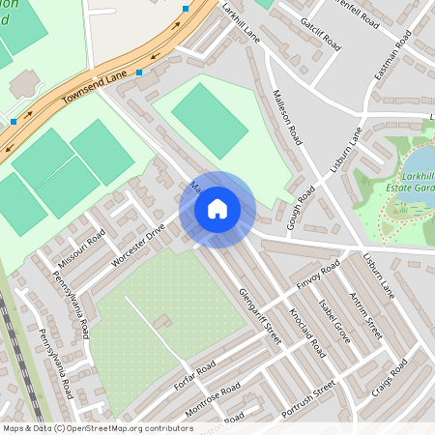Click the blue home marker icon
pyautogui.click(x=217, y=208)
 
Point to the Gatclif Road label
pyautogui.click(x=320, y=33)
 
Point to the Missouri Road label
pyautogui.click(x=81, y=249)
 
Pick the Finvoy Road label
pyautogui.click(x=320, y=275)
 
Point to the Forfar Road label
pyautogui.click(x=194, y=375)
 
